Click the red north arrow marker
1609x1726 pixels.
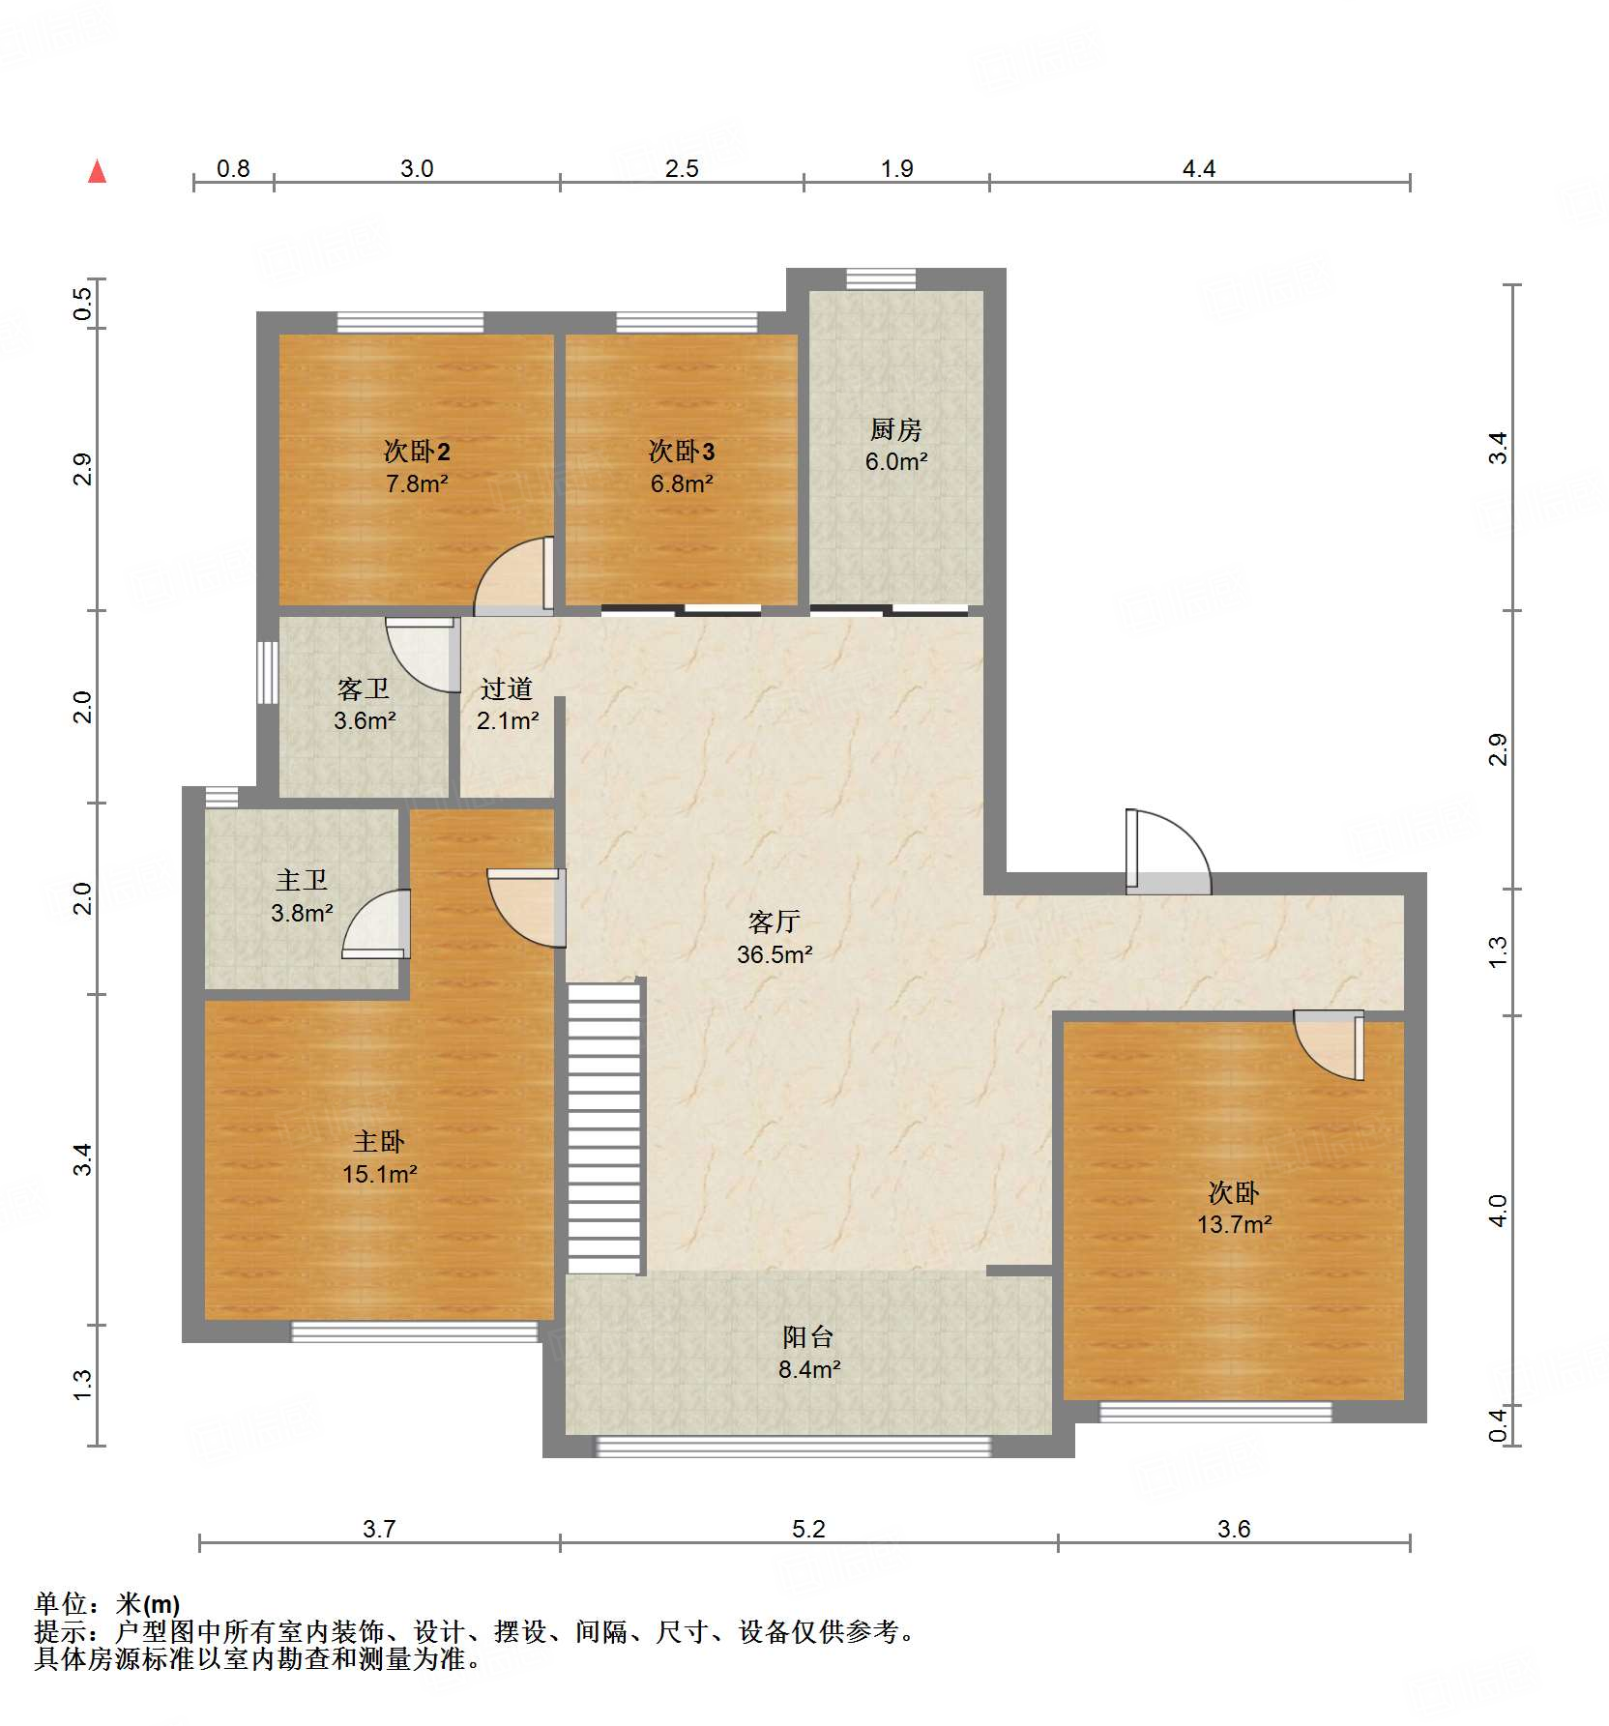pos(98,171)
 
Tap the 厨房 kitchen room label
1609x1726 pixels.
pos(895,428)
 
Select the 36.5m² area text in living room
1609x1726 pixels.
pos(774,954)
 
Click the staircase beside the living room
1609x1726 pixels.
pos(604,1127)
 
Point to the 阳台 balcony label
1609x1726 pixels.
pos(807,1336)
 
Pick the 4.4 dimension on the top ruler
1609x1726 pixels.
pos(1198,168)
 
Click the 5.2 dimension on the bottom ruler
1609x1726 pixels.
pos(808,1529)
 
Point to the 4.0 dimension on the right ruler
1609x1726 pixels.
pos(1497,1210)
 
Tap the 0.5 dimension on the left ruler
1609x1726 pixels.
pos(83,304)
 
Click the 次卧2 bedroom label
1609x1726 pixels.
pos(417,451)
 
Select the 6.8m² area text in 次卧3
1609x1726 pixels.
pos(681,483)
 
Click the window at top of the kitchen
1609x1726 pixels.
pos(880,278)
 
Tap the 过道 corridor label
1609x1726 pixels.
pos(507,688)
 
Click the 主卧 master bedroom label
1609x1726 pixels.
pos(378,1141)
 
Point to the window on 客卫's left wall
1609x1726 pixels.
pos(267,671)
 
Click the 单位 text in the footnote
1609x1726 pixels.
pos(62,1604)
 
